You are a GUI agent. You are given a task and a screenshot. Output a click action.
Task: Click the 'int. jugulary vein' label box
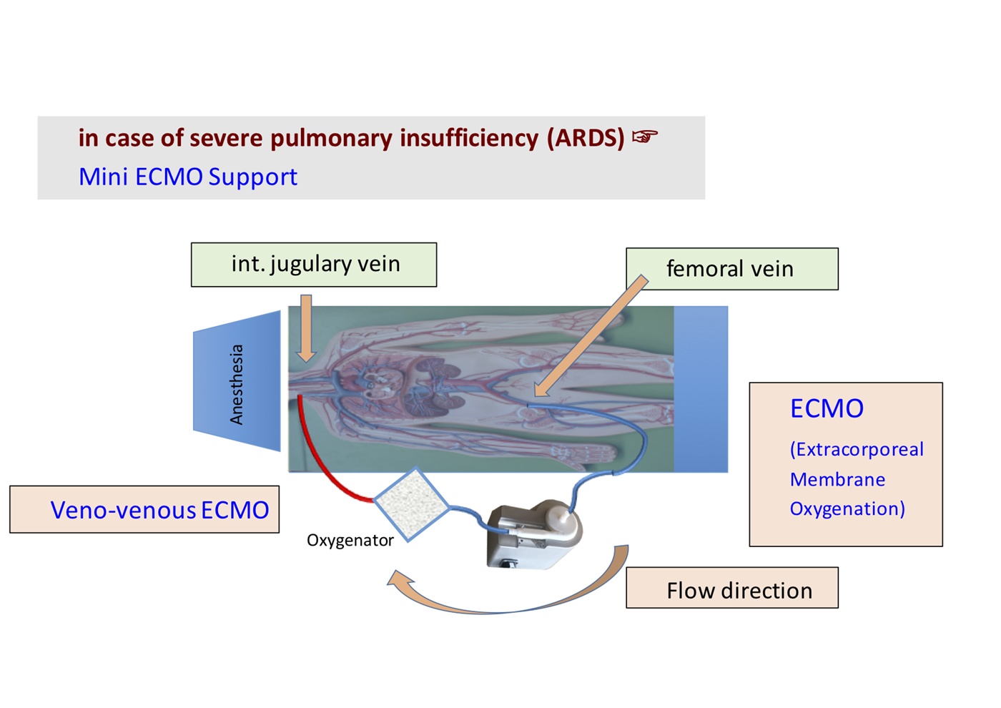click(314, 265)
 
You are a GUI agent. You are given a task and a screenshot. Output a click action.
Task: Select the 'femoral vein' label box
click(731, 269)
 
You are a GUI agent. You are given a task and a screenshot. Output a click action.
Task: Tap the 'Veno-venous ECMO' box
click(144, 510)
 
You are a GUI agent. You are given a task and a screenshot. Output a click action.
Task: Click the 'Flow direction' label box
click(731, 589)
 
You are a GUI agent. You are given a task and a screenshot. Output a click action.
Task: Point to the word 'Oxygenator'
click(350, 541)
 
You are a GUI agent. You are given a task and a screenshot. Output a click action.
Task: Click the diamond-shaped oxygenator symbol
click(411, 504)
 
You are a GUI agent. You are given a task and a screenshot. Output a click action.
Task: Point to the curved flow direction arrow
click(500, 604)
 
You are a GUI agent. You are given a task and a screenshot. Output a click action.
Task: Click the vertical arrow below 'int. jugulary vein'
click(306, 328)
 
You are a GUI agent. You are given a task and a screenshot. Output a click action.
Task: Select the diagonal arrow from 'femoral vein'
click(590, 336)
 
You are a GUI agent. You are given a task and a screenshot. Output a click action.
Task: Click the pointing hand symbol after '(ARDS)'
click(644, 136)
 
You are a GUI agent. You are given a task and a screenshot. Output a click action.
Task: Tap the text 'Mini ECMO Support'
click(187, 177)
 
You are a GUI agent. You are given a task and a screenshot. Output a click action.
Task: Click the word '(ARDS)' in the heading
click(586, 137)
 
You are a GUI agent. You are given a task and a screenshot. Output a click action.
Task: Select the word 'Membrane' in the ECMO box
click(837, 479)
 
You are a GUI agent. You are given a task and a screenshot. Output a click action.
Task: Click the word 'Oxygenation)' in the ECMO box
click(847, 508)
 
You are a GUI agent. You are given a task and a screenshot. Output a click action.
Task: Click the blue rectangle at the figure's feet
click(701, 389)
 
